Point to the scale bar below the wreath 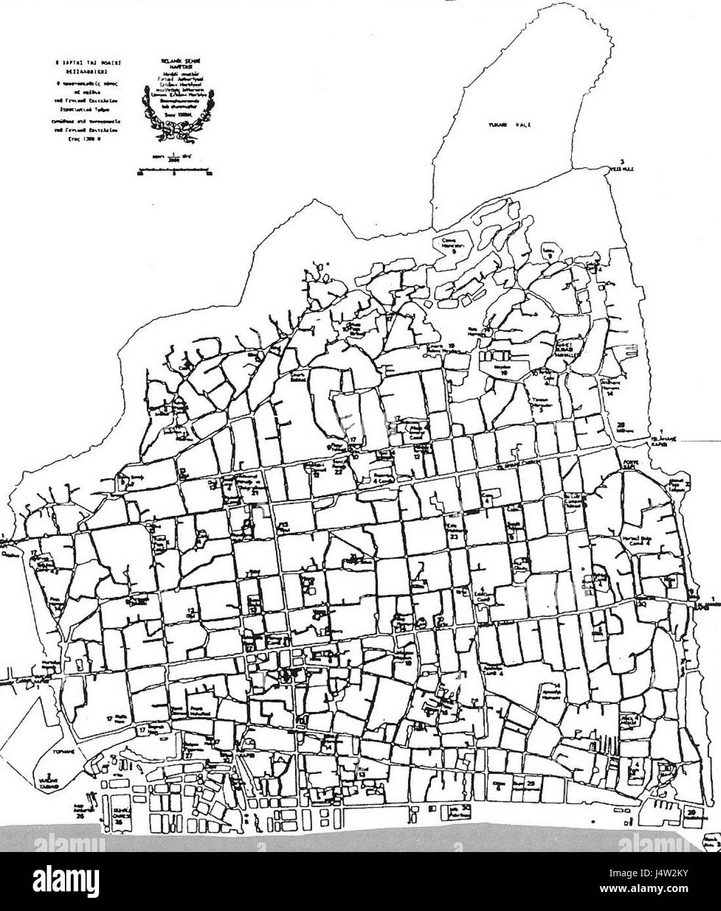click(173, 174)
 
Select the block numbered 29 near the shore click(530, 783)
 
